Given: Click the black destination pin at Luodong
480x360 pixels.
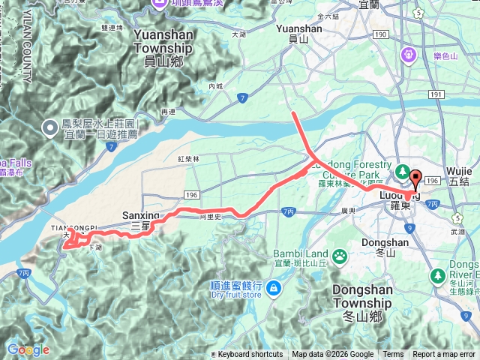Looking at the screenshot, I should tap(415, 180).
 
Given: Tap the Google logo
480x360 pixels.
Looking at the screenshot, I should tap(28, 350).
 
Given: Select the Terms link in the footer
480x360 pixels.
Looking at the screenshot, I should tap(393, 355).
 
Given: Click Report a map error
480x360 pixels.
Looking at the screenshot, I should tap(444, 355).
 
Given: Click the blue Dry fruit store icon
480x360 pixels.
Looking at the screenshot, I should tap(272, 287).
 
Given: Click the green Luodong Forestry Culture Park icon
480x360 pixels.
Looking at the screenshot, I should tap(401, 171).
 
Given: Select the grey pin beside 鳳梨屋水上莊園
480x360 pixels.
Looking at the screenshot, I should tap(49, 128).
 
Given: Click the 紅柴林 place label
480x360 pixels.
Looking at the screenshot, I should tap(189, 159).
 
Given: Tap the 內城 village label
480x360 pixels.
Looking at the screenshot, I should tap(216, 86).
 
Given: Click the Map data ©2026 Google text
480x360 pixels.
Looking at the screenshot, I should tap(333, 355).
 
